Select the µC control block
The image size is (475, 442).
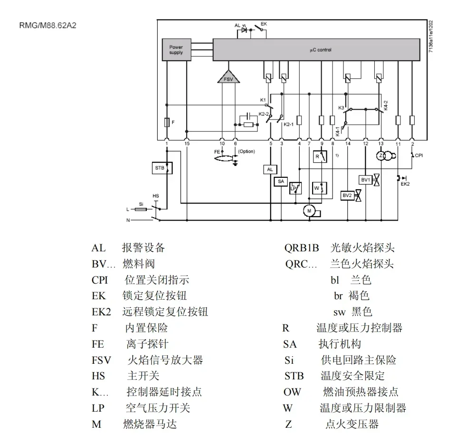[316, 50]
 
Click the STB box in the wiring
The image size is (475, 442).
[160, 167]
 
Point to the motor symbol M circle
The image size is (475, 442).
[310, 210]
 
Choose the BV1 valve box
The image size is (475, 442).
[365, 180]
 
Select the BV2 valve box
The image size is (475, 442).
[347, 195]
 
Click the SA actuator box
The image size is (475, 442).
[280, 181]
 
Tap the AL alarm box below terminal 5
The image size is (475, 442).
[270, 169]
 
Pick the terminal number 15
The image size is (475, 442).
[187, 143]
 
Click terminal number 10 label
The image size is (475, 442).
[222, 143]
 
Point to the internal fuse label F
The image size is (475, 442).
[173, 122]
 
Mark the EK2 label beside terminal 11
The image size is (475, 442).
[406, 183]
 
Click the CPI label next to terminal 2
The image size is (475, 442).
[419, 155]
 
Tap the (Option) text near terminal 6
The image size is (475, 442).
[246, 151]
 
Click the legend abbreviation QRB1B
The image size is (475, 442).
[301, 248]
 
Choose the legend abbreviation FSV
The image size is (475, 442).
[101, 360]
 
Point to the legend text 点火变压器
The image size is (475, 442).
[352, 424]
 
